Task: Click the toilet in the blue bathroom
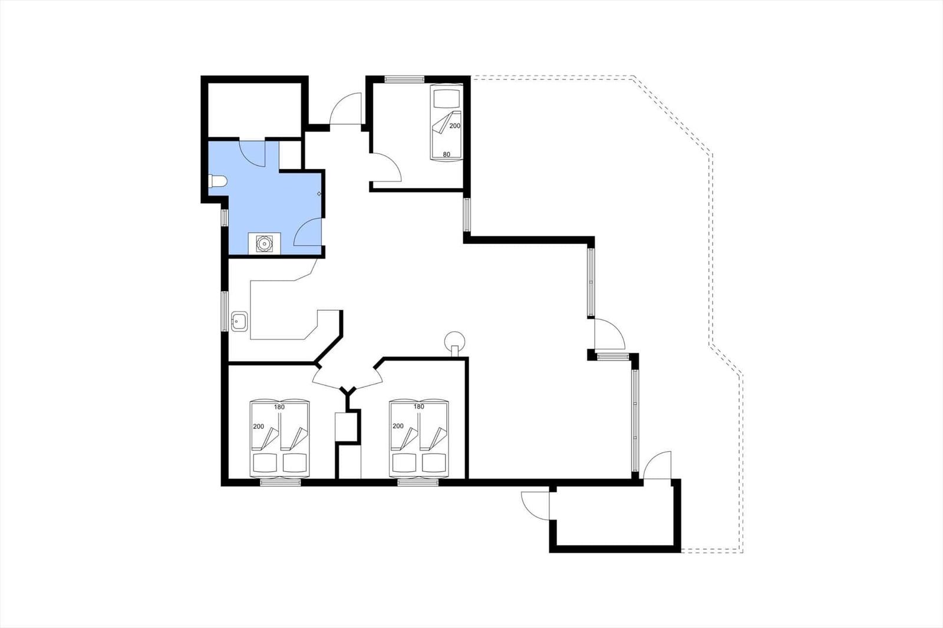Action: pyautogui.click(x=217, y=181)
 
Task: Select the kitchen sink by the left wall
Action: pyautogui.click(x=239, y=322)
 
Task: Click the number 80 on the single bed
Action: pyautogui.click(x=446, y=154)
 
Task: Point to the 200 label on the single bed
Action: pyautogui.click(x=454, y=126)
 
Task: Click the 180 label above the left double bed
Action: pyautogui.click(x=279, y=407)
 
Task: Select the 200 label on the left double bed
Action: pyautogui.click(x=259, y=427)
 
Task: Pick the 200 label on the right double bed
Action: pyautogui.click(x=398, y=426)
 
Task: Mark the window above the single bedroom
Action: pyautogui.click(x=404, y=79)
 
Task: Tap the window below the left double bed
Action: pyautogui.click(x=281, y=483)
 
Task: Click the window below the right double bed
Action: pyautogui.click(x=418, y=483)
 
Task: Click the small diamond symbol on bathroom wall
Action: pyautogui.click(x=319, y=194)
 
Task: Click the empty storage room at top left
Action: pyautogui.click(x=255, y=110)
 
